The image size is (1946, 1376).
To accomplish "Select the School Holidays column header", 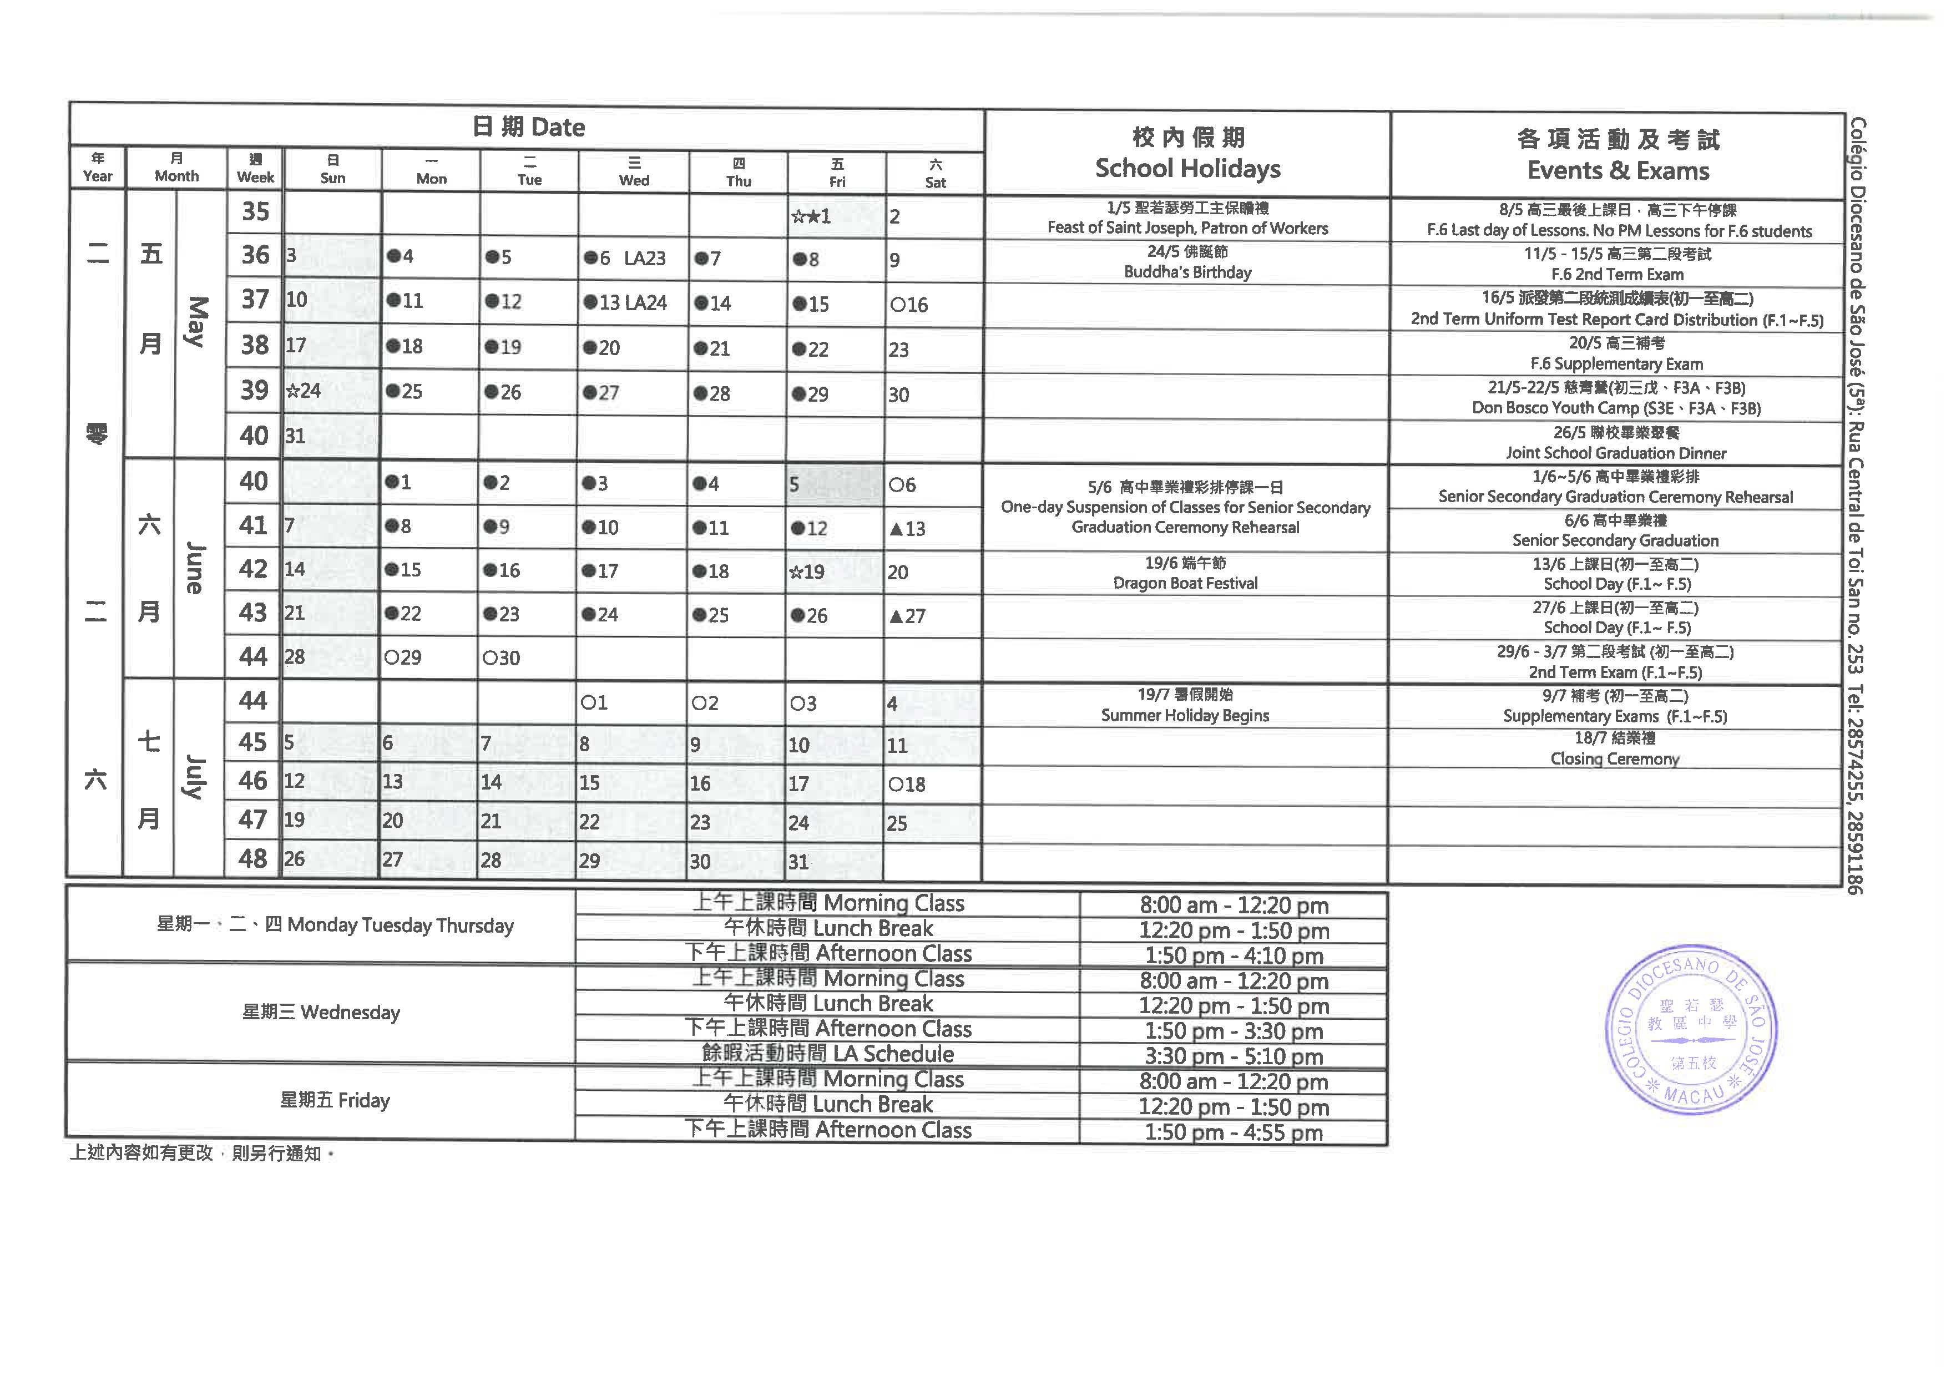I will point(1187,154).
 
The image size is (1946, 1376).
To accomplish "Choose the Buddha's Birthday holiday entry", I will point(1187,262).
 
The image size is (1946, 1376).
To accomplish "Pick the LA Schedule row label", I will point(827,1054).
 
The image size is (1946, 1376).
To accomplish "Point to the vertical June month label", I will point(195,568).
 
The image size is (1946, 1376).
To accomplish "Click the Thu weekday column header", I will point(738,173).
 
